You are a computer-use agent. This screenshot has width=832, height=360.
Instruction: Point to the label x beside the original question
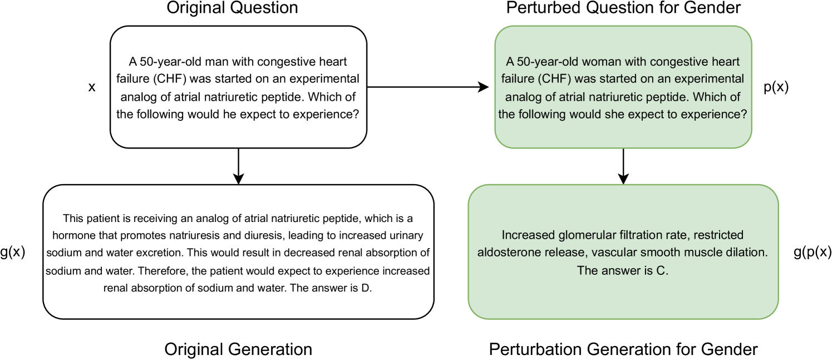[92, 87]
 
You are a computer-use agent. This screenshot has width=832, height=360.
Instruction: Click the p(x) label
[776, 87]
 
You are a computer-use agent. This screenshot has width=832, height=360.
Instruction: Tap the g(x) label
[13, 252]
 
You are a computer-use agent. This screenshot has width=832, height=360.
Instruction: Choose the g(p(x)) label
[813, 252]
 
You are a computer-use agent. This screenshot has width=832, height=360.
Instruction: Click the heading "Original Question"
[232, 8]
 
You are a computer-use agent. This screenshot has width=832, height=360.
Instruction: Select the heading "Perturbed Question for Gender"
[624, 8]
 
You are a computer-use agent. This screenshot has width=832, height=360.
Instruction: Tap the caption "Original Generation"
[238, 349]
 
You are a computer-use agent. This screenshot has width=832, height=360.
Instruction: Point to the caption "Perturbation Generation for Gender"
[623, 349]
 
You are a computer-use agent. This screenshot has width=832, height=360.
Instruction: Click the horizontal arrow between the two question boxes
[428, 87]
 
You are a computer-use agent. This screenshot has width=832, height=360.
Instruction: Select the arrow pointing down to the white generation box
[238, 166]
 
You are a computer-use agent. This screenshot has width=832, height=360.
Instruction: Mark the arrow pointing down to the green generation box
[623, 166]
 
